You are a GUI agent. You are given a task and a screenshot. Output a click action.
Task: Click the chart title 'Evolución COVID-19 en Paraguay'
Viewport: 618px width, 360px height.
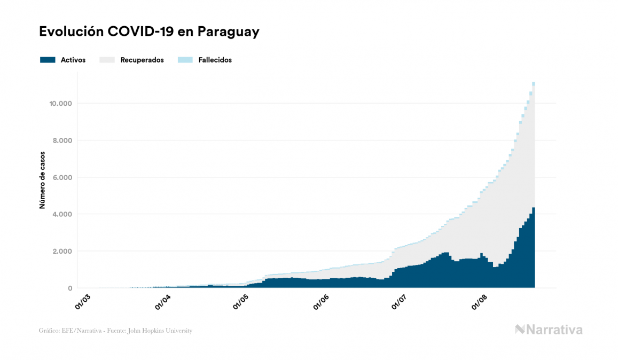[149, 32]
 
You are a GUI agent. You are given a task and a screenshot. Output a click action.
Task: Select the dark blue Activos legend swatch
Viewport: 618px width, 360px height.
[48, 60]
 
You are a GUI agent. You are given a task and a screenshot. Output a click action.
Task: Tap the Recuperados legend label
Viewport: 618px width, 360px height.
[142, 60]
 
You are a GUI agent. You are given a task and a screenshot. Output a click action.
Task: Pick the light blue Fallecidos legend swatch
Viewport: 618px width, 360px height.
[184, 60]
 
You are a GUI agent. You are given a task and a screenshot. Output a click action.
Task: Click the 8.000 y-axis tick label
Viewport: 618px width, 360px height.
[61, 140]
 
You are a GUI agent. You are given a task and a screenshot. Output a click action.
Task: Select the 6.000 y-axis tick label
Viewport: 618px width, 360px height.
[61, 177]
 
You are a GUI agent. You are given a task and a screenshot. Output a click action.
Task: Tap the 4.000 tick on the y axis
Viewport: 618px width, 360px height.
[61, 214]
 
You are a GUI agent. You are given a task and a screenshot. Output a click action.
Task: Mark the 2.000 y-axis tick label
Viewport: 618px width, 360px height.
[61, 251]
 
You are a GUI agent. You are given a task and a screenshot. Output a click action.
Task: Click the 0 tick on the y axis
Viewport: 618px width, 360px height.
[69, 288]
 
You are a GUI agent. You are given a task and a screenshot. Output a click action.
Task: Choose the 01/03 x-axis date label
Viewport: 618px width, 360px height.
[83, 301]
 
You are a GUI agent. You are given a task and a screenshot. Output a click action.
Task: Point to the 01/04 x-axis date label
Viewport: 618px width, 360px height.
[162, 301]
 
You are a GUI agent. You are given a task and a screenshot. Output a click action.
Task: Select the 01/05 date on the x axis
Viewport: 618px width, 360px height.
[241, 301]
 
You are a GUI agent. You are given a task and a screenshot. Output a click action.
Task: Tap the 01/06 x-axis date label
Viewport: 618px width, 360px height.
[321, 301]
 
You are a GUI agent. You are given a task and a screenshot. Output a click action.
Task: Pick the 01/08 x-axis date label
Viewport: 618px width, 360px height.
[480, 301]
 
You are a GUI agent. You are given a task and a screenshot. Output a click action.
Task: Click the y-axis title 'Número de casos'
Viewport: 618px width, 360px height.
[42, 180]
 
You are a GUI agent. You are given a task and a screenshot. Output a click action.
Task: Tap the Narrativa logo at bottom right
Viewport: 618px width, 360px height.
[549, 330]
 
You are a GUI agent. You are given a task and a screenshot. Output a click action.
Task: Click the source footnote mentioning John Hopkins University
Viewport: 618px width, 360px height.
[115, 331]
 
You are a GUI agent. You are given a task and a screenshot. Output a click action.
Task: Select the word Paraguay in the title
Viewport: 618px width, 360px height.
[229, 32]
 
